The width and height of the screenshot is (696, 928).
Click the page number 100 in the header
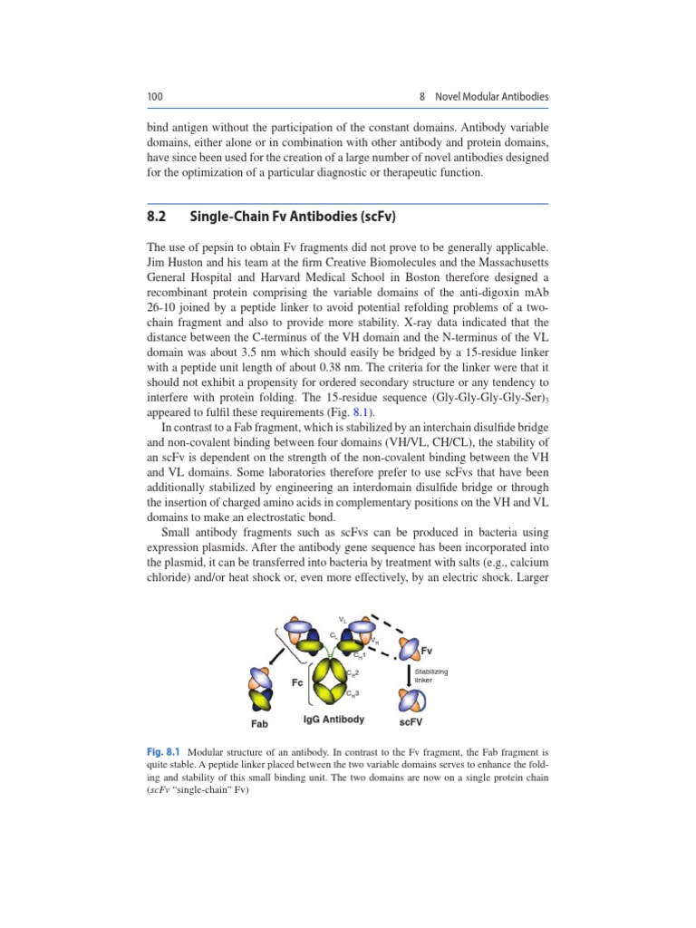click(154, 97)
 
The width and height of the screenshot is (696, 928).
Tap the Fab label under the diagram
click(260, 724)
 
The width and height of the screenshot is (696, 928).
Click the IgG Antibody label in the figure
click(333, 720)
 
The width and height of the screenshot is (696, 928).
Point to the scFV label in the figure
click(411, 723)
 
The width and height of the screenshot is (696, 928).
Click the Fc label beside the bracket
click(296, 682)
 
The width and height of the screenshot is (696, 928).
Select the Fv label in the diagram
click(427, 651)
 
